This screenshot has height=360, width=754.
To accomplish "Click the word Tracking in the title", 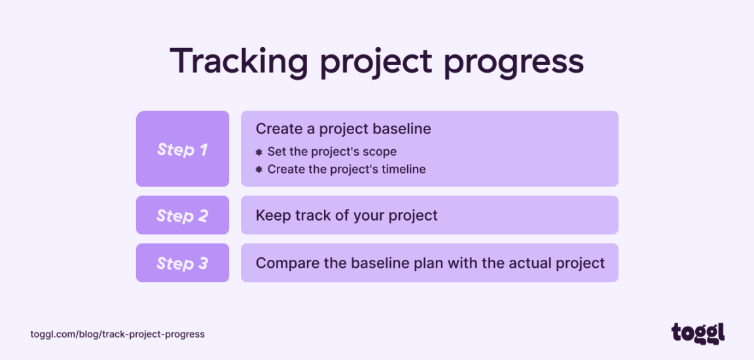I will pos(239,62).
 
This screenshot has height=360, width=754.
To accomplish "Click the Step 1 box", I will pos(182,149).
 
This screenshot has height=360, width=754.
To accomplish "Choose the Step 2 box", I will pos(182,215).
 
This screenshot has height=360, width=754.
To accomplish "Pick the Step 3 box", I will pos(182,263).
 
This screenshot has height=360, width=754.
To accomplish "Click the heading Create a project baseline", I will pos(343,129).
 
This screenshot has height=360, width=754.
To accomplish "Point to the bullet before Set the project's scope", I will pos(259,152).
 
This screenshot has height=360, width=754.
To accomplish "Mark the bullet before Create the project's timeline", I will pos(259,170).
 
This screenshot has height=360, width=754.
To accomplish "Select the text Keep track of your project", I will pos(346,215).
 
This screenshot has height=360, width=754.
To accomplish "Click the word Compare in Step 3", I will pos(281,263).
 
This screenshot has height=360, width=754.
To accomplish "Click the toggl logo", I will pos(698,333).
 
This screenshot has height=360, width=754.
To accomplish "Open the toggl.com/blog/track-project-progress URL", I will pos(117,334).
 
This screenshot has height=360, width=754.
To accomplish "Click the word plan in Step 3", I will pos(411,263).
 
